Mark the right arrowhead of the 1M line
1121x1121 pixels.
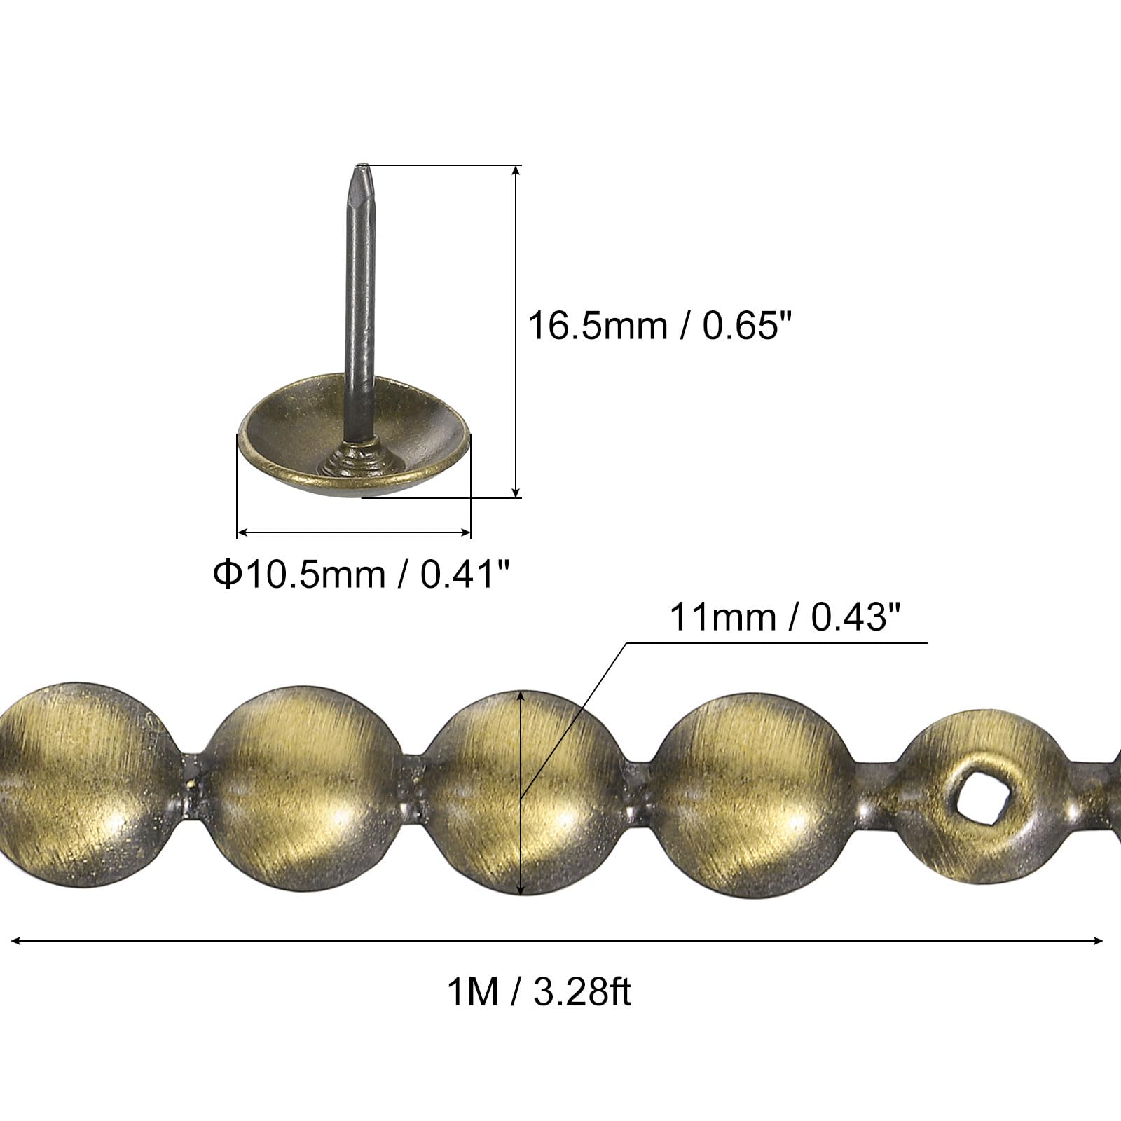(1098, 941)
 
